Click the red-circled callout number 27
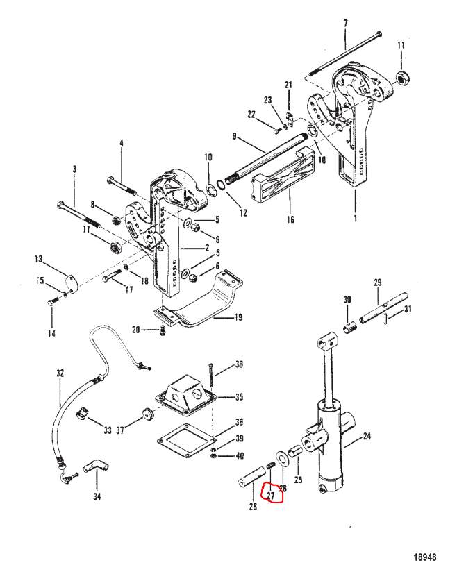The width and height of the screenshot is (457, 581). click(x=271, y=496)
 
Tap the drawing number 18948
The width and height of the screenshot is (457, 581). click(x=425, y=557)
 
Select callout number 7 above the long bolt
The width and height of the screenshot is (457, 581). click(x=345, y=24)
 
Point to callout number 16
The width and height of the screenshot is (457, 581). click(x=290, y=220)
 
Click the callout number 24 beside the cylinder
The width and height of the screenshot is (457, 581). click(x=367, y=436)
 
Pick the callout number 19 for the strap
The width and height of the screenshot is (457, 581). click(x=238, y=317)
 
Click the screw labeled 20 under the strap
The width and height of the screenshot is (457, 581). click(x=163, y=330)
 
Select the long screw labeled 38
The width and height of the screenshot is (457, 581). click(x=211, y=375)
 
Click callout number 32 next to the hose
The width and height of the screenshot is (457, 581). click(x=60, y=373)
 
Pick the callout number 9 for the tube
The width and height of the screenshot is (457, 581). click(x=234, y=136)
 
